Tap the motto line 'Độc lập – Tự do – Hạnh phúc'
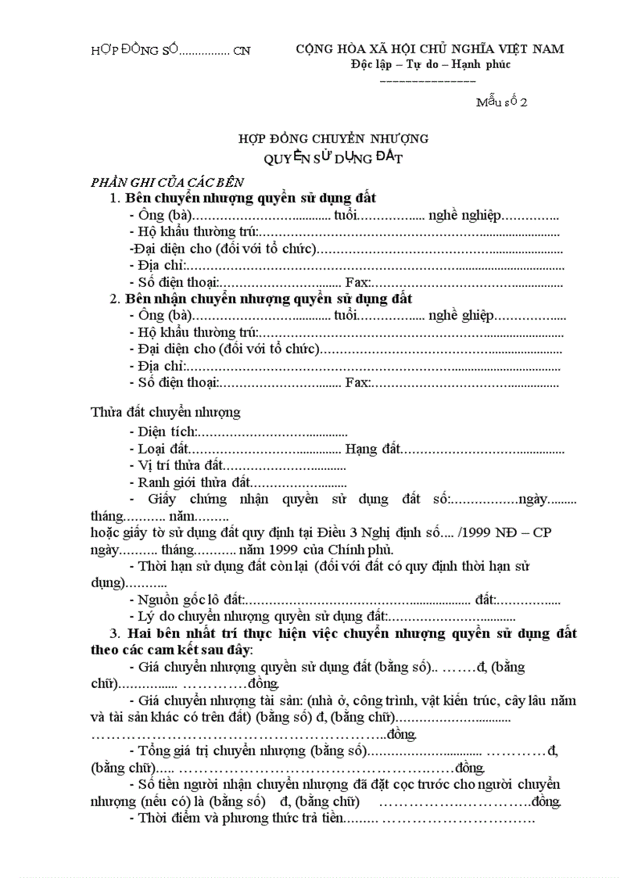coord(430,64)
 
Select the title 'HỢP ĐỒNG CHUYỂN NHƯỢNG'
coord(334,139)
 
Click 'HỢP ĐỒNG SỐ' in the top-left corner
coord(135,51)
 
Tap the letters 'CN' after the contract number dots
coord(242,51)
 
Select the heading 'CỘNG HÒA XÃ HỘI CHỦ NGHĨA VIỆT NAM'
coord(430,48)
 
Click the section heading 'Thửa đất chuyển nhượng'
coord(166,411)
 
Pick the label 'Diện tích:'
coord(167,432)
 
